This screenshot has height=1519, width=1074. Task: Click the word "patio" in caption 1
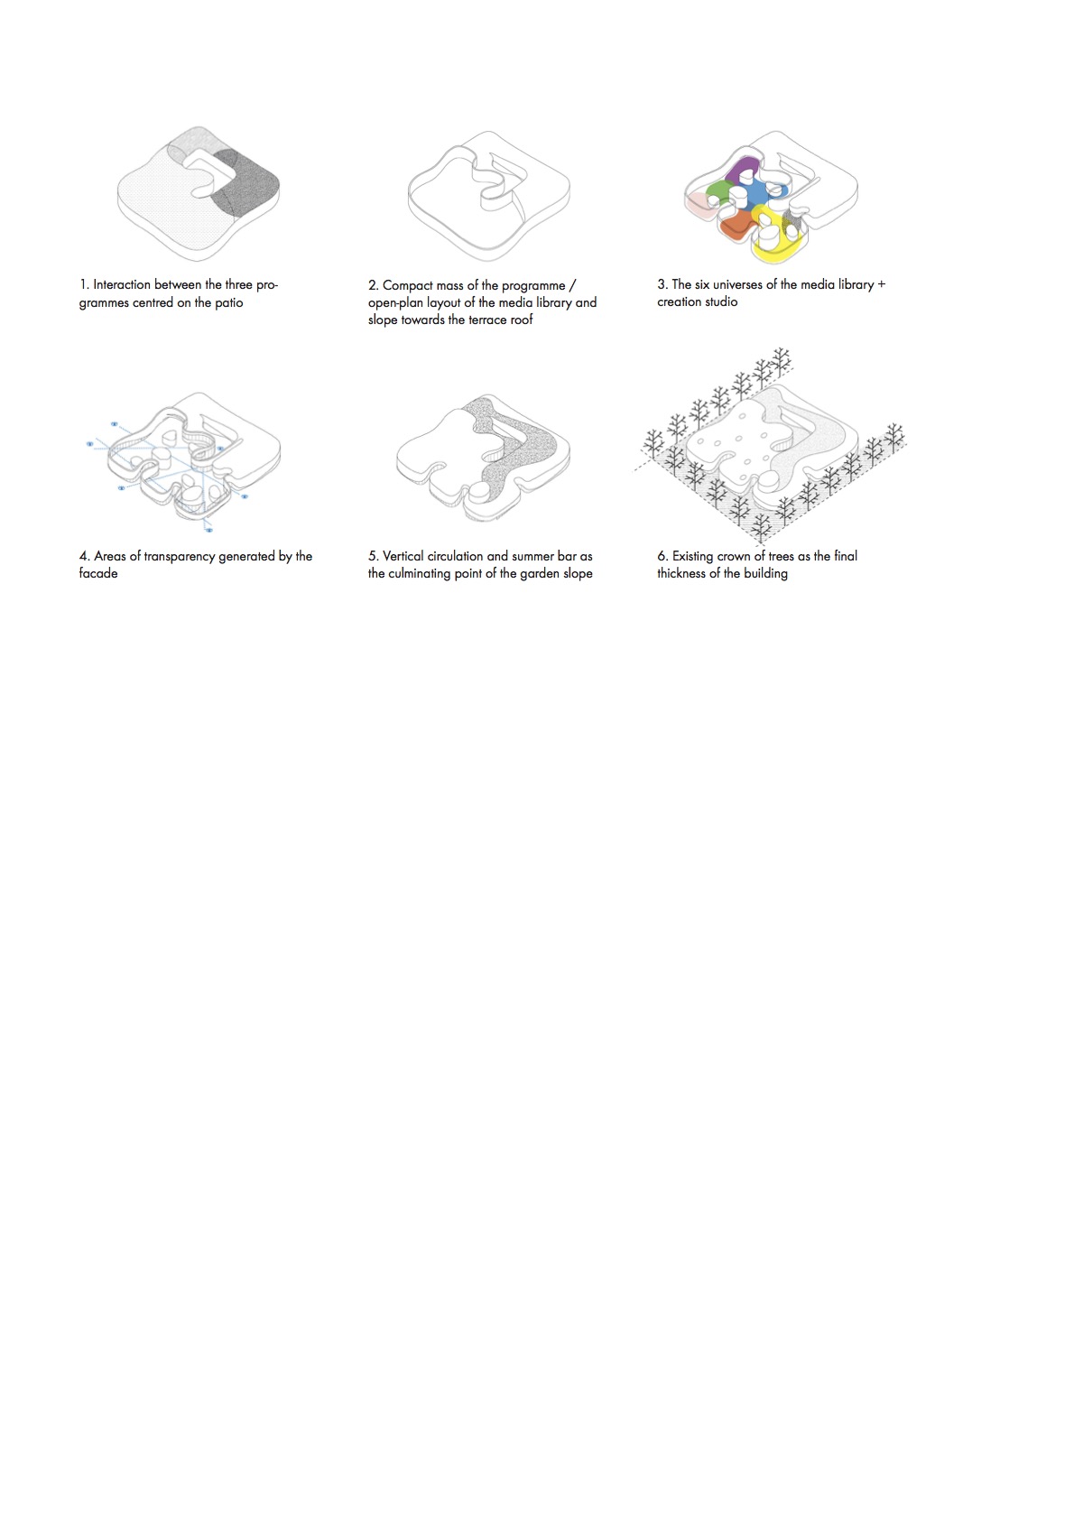[228, 303]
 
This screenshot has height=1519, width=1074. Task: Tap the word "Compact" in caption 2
[408, 285]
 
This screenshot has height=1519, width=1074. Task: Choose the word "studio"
[721, 301]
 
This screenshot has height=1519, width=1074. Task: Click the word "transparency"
[179, 557]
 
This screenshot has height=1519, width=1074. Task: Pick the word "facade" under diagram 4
[98, 573]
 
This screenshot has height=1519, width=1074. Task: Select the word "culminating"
[421, 574]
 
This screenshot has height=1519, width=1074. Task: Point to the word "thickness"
[681, 573]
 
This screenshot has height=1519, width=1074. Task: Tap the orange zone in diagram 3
[736, 227]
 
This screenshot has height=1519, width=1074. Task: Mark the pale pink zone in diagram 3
[697, 204]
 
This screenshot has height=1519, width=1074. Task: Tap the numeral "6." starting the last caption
[662, 557]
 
